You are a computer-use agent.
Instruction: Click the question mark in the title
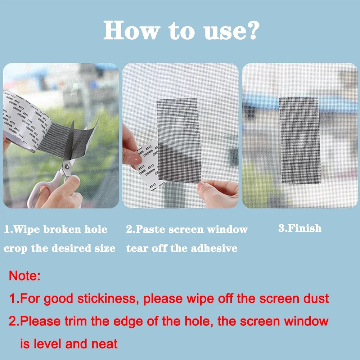click(251, 31)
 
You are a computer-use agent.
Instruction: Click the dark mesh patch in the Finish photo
click(300, 140)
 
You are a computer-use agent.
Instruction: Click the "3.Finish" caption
click(300, 228)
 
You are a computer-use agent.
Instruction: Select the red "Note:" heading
click(24, 276)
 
